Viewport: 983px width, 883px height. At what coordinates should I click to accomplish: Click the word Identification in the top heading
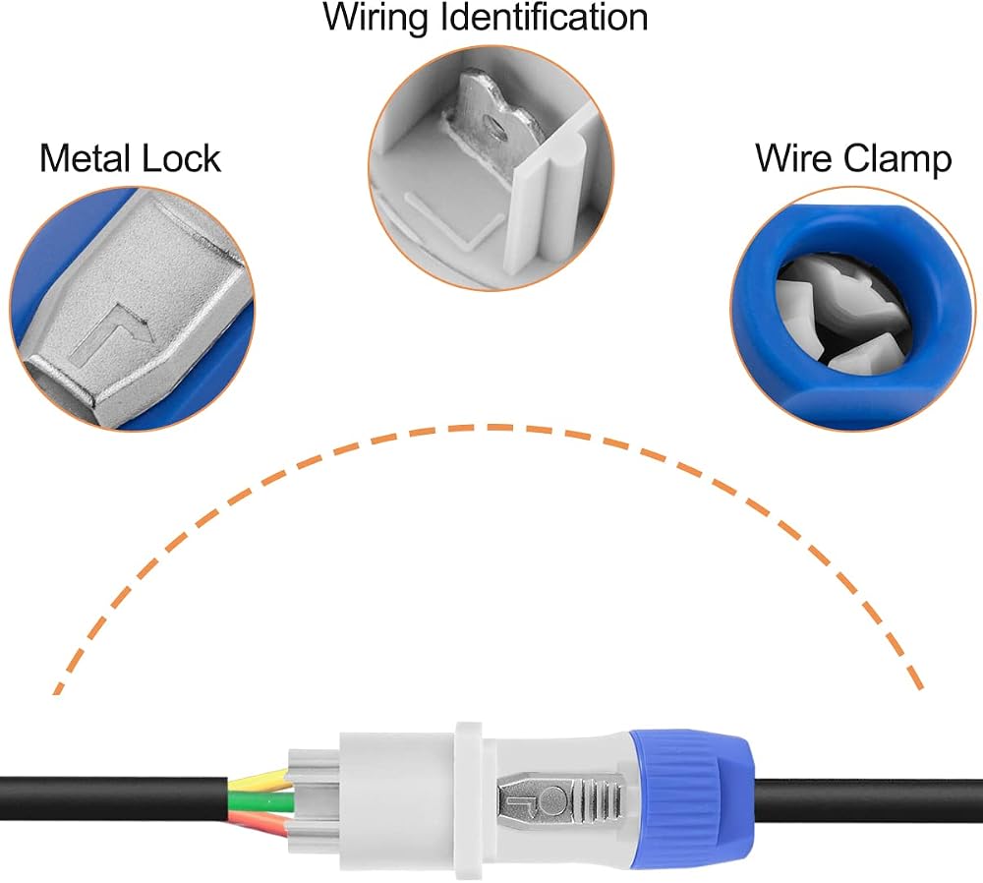pyautogui.click(x=545, y=17)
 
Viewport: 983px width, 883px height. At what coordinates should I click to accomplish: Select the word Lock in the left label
pyautogui.click(x=182, y=158)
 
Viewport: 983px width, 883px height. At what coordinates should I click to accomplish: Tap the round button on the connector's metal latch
pyautogui.click(x=552, y=799)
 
